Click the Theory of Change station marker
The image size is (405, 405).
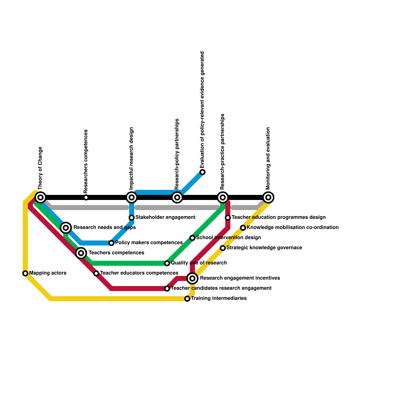pyautogui.click(x=40, y=197)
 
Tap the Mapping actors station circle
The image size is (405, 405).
pyautogui.click(x=25, y=273)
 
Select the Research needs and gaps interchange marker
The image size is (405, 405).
pyautogui.click(x=66, y=228)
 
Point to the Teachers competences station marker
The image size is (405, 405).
pyautogui.click(x=81, y=253)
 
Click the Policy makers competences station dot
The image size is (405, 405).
pyautogui.click(x=111, y=243)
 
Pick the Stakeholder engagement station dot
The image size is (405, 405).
pyautogui.click(x=132, y=218)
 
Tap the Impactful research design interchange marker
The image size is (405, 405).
pyautogui.click(x=132, y=197)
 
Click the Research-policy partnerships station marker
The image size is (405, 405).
pyautogui.click(x=177, y=197)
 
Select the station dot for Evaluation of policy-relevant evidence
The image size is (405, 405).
pyautogui.click(x=202, y=172)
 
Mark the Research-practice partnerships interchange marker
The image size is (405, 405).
pyautogui.click(x=223, y=197)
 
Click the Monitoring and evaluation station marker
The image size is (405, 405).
pyautogui.click(x=268, y=197)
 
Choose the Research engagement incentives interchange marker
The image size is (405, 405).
pyautogui.click(x=192, y=278)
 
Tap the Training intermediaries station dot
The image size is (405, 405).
pyautogui.click(x=187, y=299)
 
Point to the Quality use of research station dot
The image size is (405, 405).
pyautogui.click(x=167, y=263)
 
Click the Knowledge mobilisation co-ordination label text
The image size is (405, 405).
pyautogui.click(x=293, y=228)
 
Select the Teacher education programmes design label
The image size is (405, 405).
pyautogui.click(x=278, y=217)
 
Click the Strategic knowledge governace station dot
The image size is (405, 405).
pyautogui.click(x=223, y=248)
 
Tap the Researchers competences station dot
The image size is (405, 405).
pyautogui.click(x=86, y=197)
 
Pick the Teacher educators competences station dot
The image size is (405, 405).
pyautogui.click(x=96, y=273)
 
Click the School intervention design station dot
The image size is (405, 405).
pyautogui.click(x=192, y=238)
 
